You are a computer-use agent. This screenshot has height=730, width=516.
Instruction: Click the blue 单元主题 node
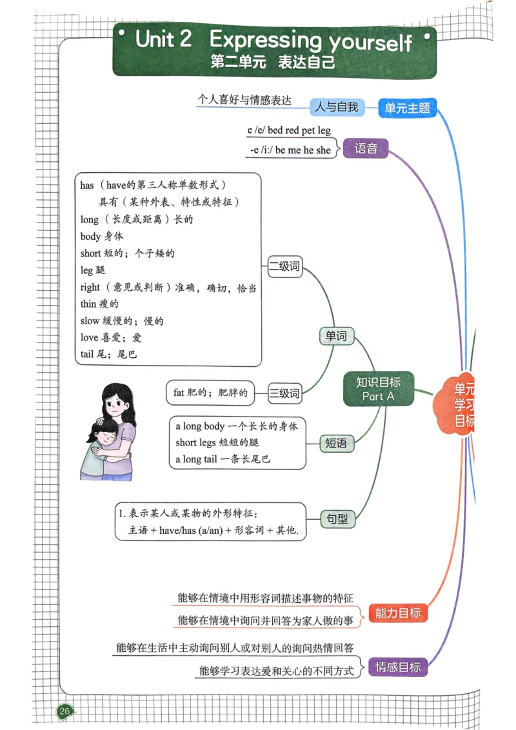407,108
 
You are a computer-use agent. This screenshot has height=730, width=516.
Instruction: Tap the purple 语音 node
366,148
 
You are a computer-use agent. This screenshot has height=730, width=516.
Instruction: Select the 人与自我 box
336,107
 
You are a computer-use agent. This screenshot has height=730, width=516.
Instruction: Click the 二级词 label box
285,266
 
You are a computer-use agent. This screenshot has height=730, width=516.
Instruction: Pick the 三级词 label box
284,392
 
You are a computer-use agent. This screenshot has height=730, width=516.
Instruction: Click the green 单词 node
336,335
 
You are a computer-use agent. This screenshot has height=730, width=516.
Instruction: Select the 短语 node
336,443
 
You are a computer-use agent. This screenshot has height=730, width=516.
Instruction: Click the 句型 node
336,518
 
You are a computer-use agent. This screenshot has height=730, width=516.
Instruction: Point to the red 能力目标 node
398,613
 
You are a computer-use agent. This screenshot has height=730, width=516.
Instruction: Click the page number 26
64,711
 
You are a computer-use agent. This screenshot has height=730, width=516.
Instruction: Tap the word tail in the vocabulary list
89,354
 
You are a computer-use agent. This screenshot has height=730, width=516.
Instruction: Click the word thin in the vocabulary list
88,304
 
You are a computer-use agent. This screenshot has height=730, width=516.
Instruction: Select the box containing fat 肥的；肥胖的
210,392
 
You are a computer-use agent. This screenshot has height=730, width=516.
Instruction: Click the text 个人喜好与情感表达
244,100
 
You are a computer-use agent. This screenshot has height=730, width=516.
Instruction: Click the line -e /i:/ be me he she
290,150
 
